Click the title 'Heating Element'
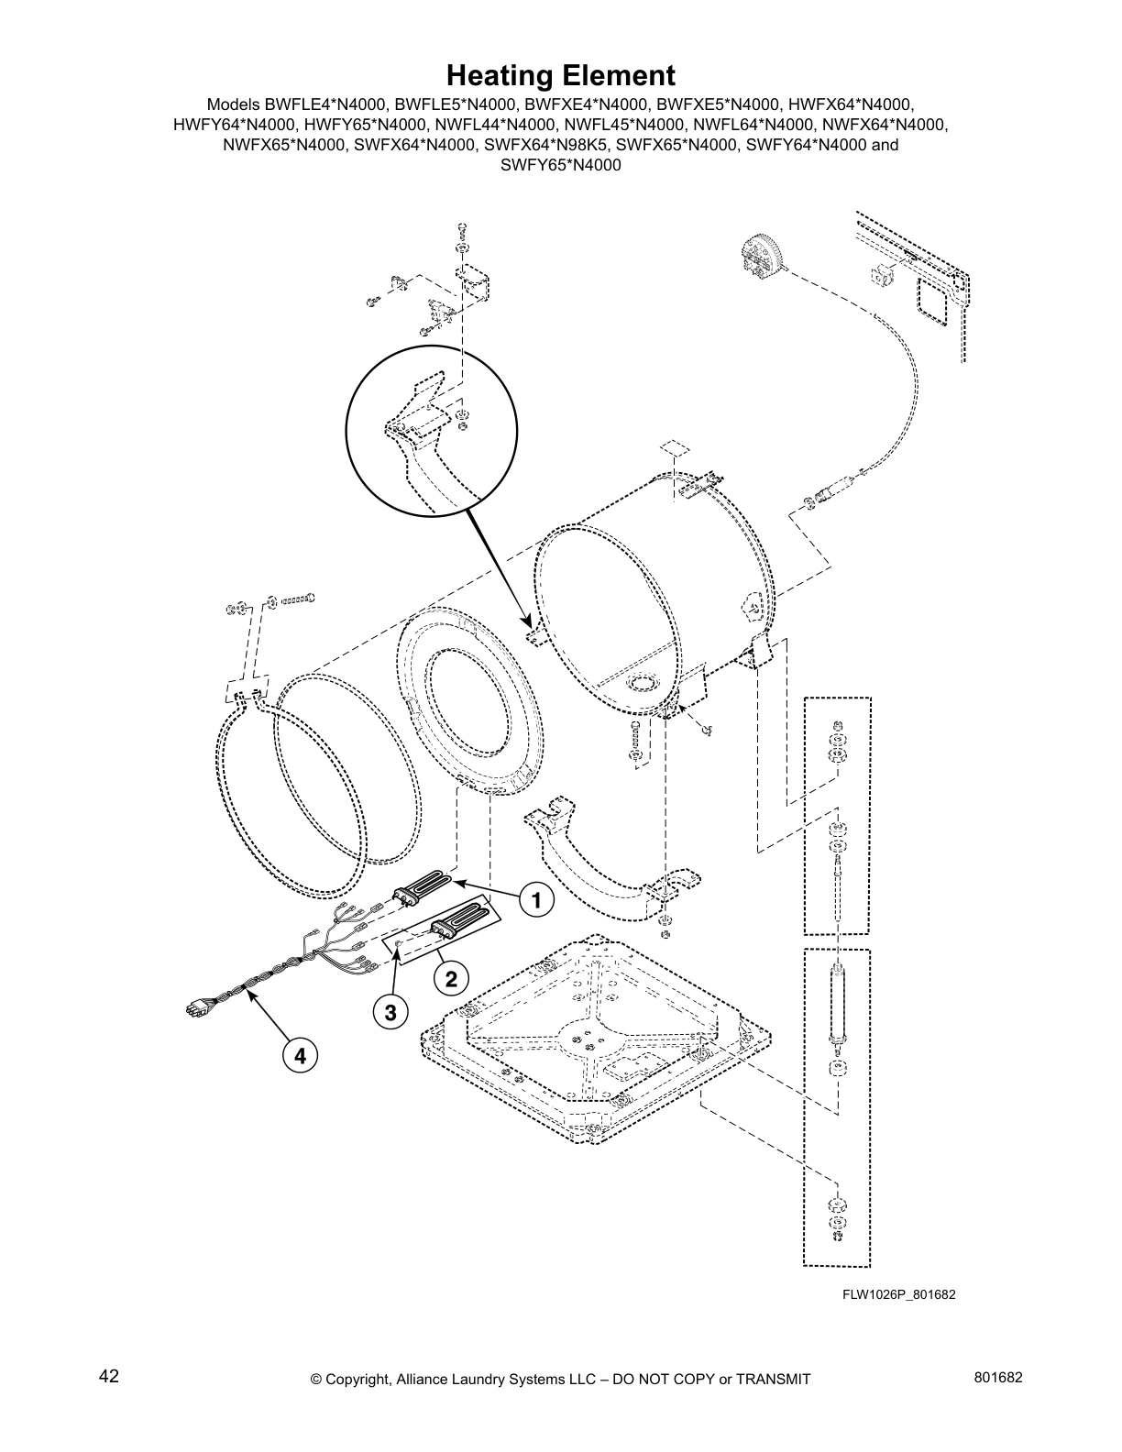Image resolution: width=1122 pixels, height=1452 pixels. coord(560,74)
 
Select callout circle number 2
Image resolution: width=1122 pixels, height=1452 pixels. coord(451,979)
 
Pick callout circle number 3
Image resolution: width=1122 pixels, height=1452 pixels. coord(390,1012)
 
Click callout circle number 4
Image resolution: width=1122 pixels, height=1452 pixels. coord(299,1055)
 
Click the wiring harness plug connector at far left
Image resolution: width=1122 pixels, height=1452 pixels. coord(195,1008)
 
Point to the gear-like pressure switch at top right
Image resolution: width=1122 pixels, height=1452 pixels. coord(760,254)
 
